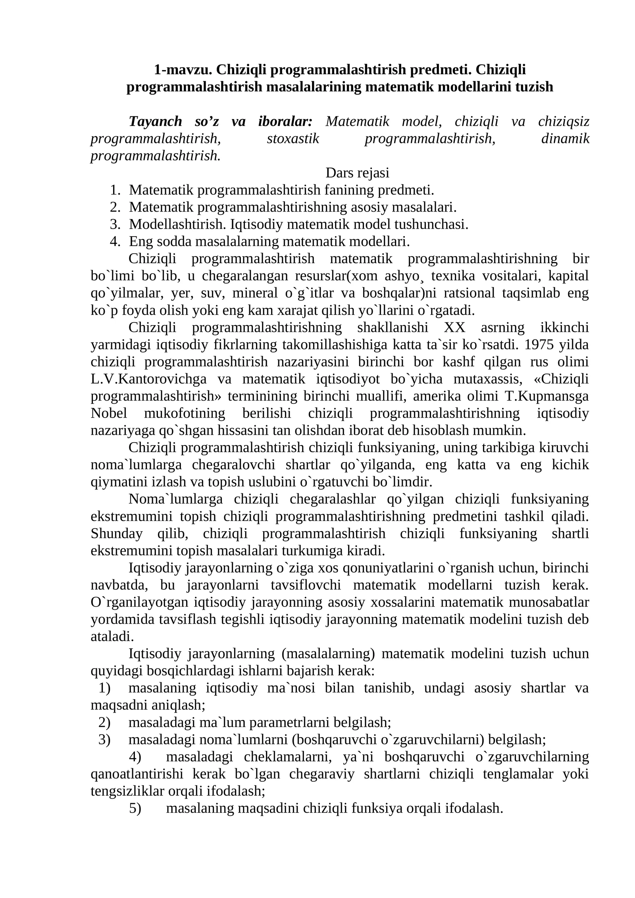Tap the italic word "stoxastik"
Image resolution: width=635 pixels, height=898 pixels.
(293, 139)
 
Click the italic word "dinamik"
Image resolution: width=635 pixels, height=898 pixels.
(565, 139)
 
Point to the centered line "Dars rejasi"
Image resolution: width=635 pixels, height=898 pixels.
(357, 173)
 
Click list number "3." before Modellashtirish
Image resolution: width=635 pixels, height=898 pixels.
(115, 224)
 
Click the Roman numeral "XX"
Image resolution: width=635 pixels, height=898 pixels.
(454, 328)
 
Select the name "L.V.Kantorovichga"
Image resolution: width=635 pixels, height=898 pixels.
(148, 379)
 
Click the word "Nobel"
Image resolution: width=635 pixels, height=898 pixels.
(109, 413)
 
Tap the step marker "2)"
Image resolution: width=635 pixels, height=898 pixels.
(104, 722)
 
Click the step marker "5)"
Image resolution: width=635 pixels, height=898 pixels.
(135, 808)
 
